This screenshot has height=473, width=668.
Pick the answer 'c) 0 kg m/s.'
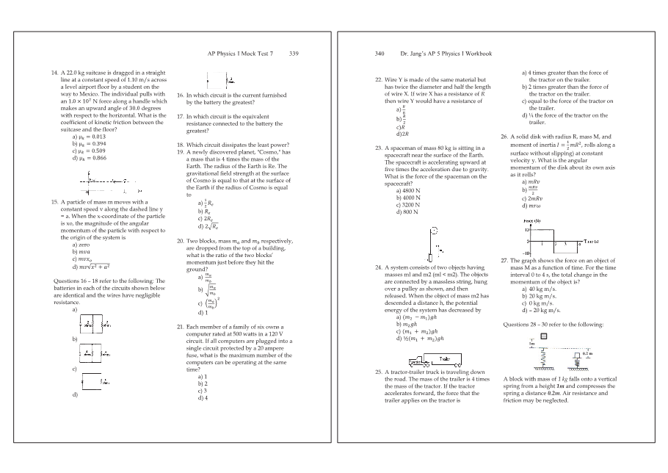tap(540, 303)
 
